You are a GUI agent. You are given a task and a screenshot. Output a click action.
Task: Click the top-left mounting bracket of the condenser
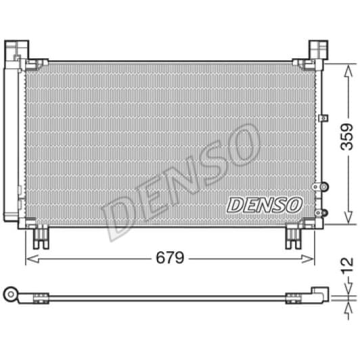[19, 51]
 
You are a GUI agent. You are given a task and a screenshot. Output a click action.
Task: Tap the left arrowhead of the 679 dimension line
[28, 258]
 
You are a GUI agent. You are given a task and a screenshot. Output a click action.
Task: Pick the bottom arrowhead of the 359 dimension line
[347, 221]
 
